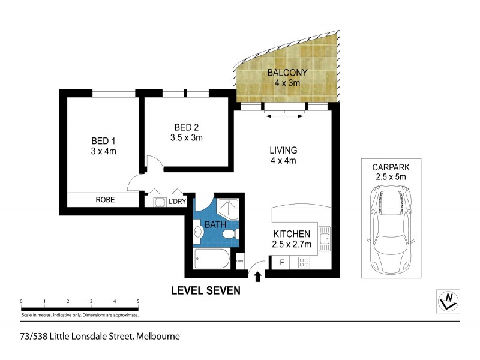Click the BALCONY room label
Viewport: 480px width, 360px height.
coord(287,73)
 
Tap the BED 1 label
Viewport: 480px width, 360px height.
coord(101,142)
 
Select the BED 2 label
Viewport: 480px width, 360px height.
coord(187,127)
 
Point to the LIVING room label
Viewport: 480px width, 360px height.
coord(283,150)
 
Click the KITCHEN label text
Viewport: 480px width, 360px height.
coord(292,234)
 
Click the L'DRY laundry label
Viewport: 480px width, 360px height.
coord(176,201)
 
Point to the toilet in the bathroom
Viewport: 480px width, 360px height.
coord(229,236)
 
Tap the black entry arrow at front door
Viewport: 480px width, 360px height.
coord(258,277)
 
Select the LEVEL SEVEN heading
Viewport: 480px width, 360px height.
coord(206,290)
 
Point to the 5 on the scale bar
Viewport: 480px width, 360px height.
coord(138,301)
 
